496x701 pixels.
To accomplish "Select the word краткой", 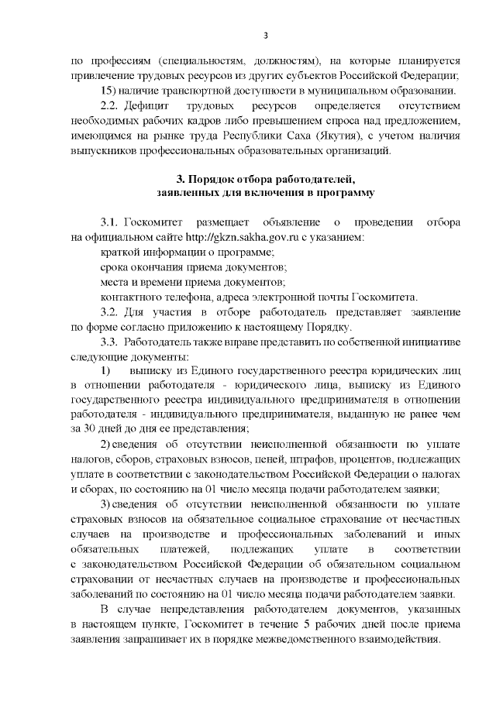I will pyautogui.click(x=120, y=253).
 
